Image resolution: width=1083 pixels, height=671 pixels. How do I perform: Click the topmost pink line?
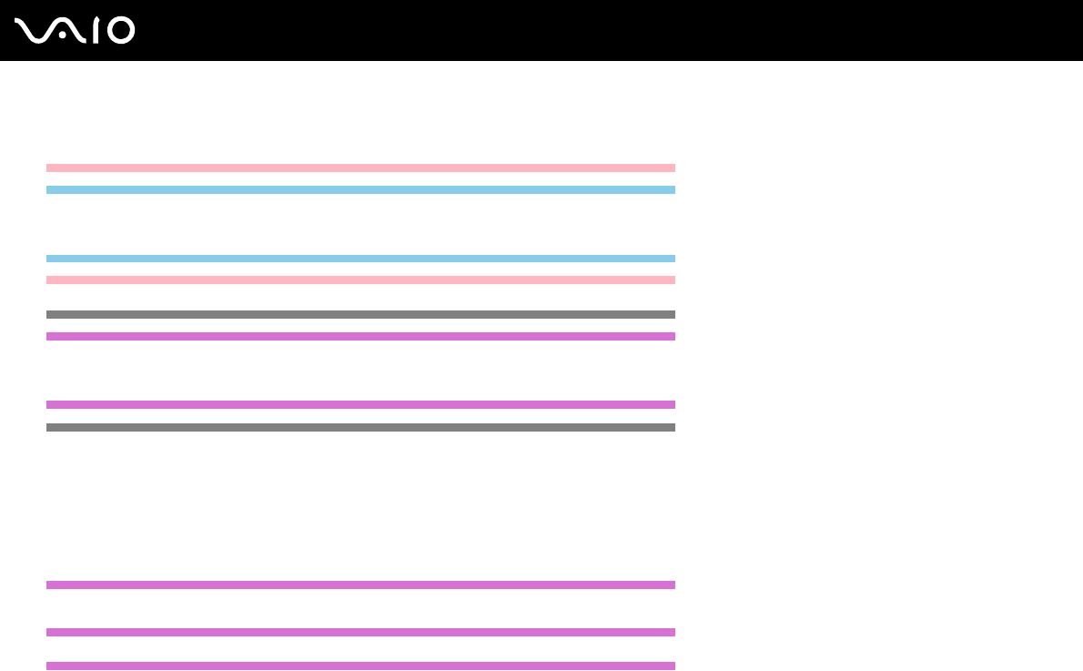360,168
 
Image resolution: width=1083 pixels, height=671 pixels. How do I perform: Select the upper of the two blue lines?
360,189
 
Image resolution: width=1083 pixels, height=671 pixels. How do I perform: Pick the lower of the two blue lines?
360,259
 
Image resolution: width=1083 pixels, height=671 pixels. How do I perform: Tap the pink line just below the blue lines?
360,280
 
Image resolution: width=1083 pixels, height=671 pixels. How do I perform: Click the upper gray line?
360,314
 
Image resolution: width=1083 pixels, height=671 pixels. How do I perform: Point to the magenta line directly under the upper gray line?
360,336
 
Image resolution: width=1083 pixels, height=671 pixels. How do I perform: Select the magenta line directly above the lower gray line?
360,404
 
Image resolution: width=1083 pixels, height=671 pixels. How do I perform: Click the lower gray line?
360,427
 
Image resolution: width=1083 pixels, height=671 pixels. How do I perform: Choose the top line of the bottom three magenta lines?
360,585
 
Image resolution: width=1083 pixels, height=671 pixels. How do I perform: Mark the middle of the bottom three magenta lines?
360,632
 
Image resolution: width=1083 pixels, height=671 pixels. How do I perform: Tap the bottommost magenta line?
360,666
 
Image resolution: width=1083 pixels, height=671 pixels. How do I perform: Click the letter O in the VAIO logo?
121,30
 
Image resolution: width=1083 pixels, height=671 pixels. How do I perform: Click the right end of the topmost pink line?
673,168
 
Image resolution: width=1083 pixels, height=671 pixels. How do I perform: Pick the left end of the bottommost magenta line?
49,666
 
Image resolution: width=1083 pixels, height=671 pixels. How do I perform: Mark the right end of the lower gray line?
673,427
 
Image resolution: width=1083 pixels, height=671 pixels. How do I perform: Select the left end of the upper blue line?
49,189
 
